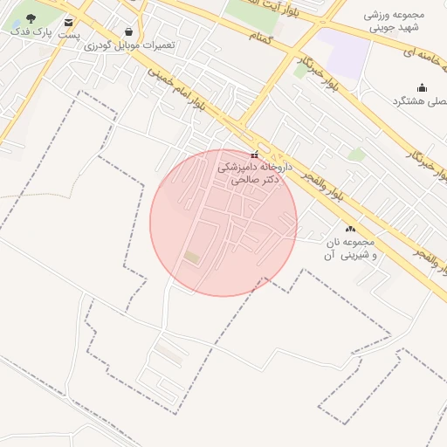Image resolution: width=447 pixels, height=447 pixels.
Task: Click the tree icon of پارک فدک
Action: click(x=31, y=17)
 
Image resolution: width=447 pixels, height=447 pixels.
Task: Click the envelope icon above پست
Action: click(x=69, y=22)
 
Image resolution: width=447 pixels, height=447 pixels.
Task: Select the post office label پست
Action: click(x=69, y=35)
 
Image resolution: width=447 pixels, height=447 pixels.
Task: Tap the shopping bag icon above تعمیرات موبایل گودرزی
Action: click(x=129, y=31)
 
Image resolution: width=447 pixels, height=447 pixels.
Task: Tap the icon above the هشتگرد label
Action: click(x=423, y=87)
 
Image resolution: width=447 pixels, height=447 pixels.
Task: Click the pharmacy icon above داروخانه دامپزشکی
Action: click(x=254, y=155)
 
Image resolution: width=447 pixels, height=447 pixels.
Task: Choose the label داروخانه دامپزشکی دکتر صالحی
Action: click(x=254, y=172)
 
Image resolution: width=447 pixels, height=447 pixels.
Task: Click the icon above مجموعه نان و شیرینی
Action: click(x=350, y=229)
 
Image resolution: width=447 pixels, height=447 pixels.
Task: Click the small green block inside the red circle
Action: click(x=191, y=257)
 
